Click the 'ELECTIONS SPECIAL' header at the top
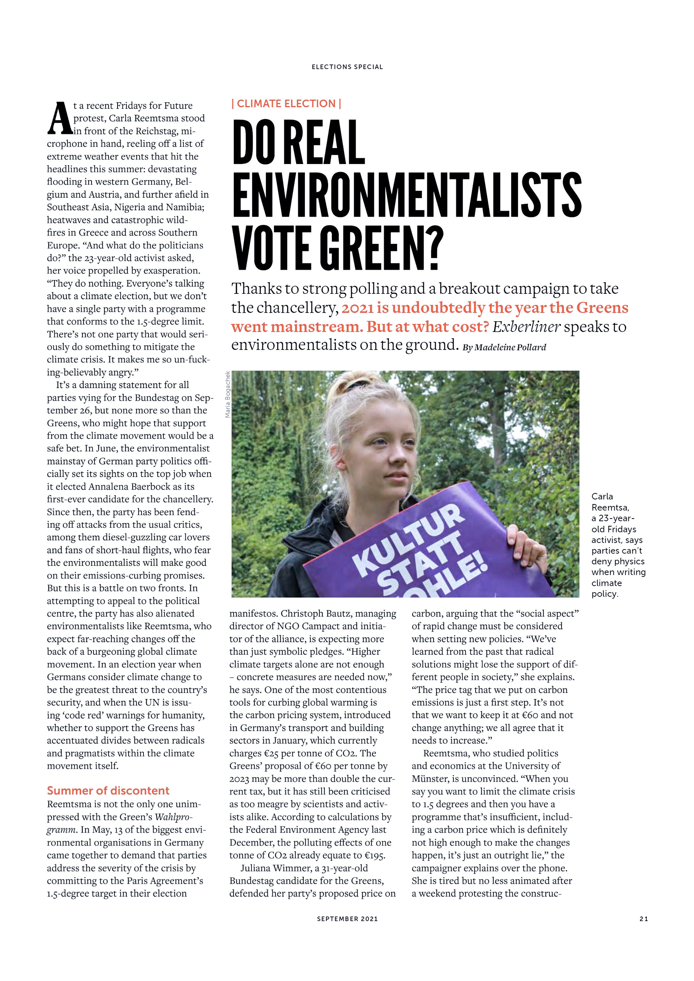click(x=347, y=67)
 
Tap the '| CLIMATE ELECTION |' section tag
click(x=286, y=104)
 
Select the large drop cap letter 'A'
click(x=59, y=119)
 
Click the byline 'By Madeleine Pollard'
click(x=504, y=347)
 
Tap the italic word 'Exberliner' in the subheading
click(x=526, y=327)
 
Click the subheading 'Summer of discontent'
click(x=108, y=791)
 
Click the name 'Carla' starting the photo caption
click(x=602, y=496)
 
